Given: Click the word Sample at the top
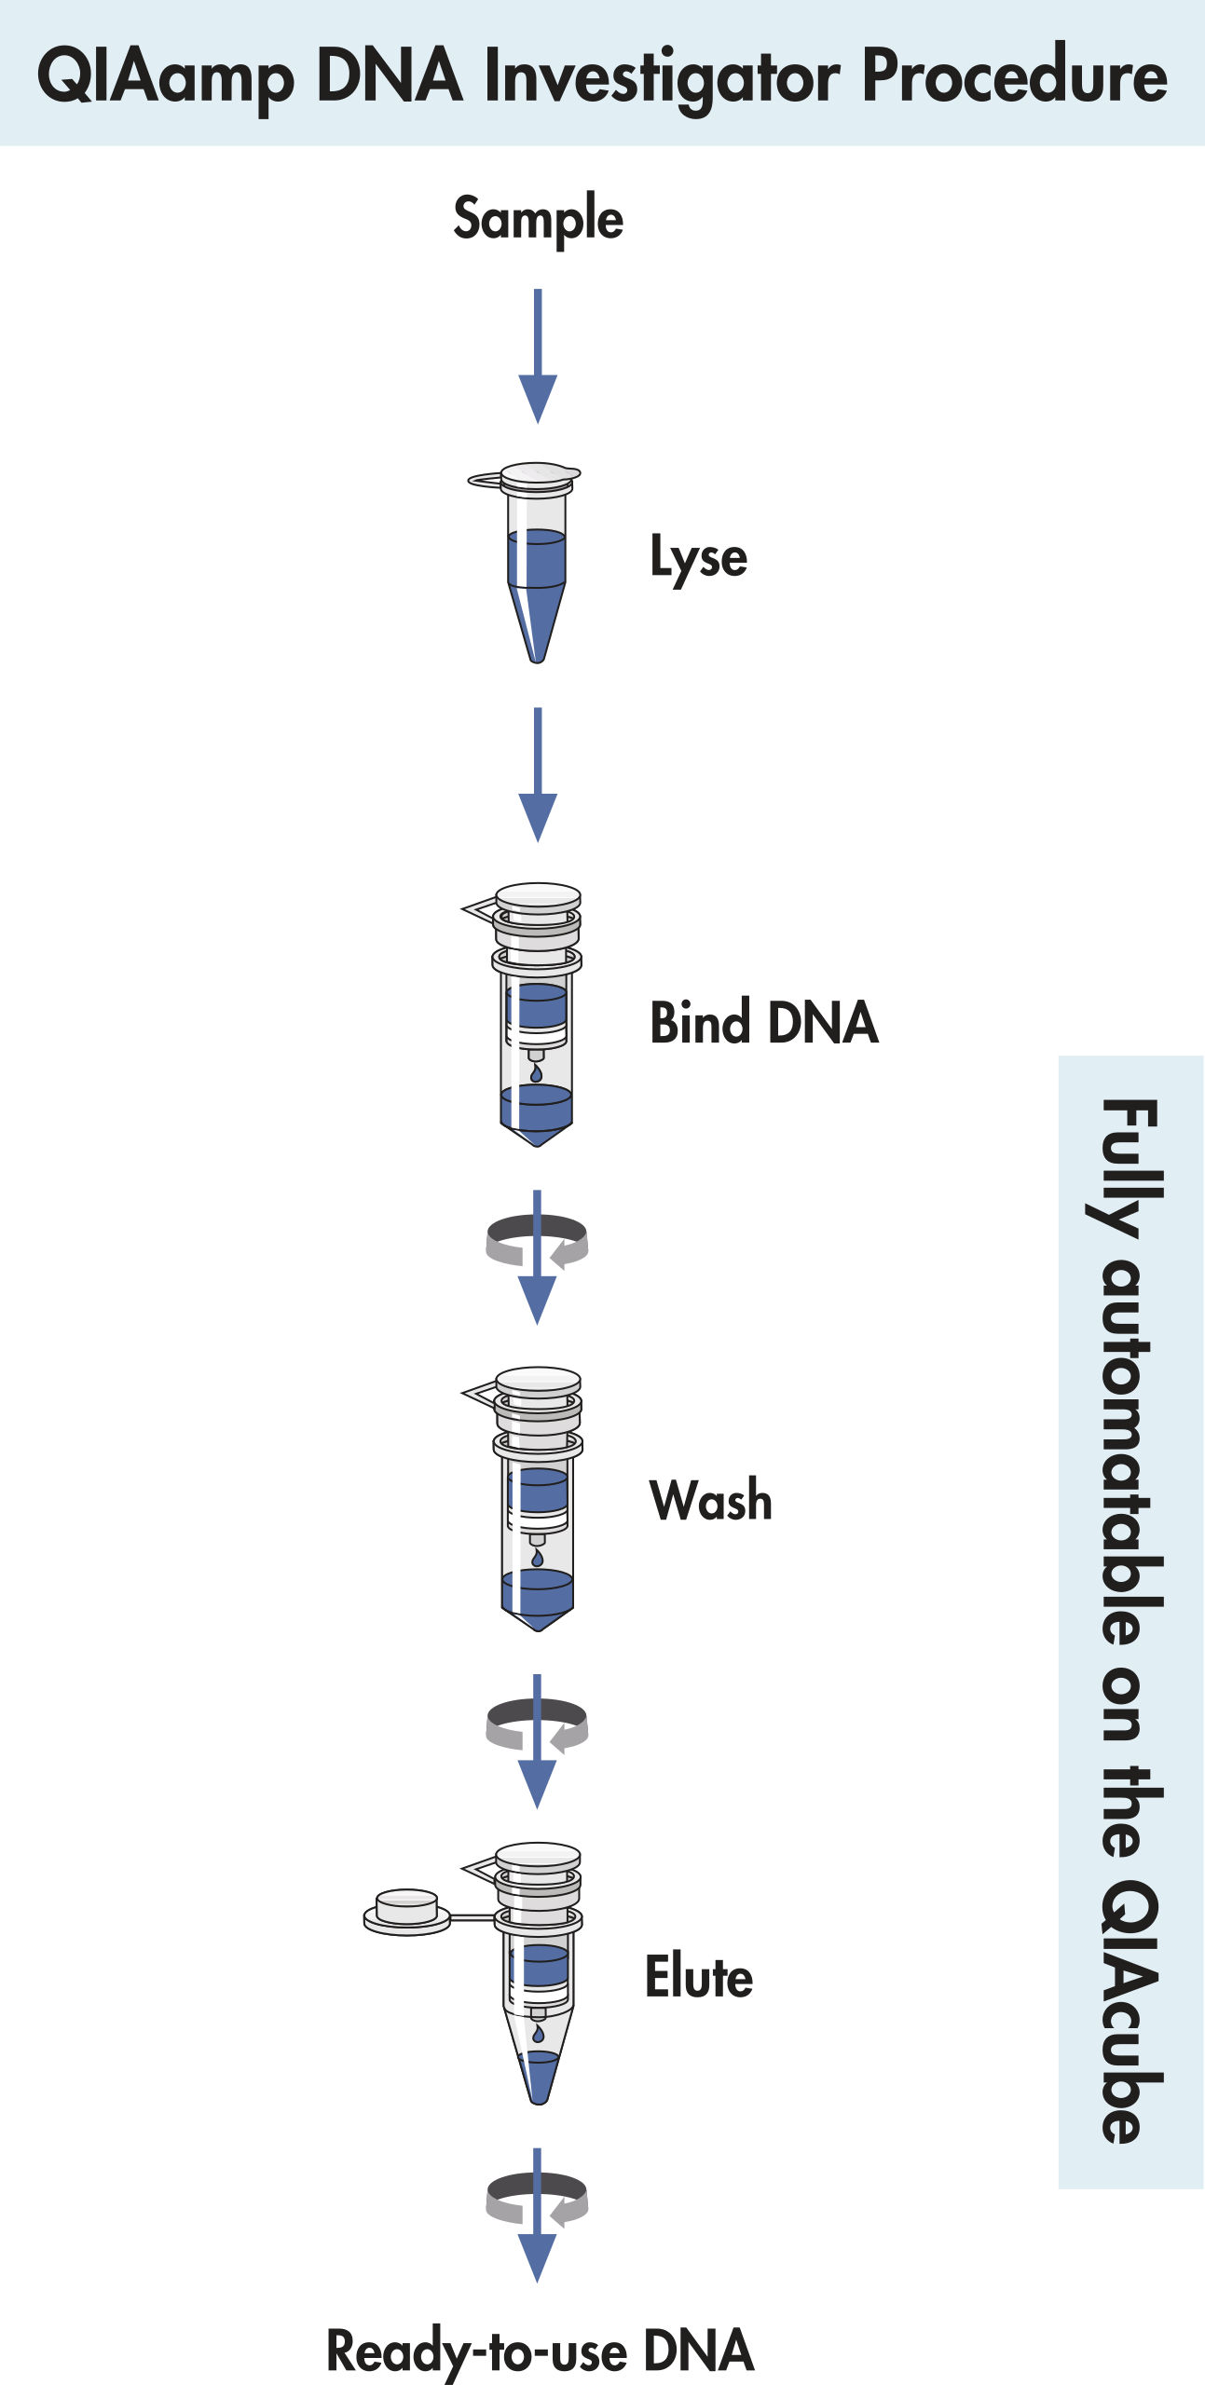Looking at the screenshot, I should tap(538, 220).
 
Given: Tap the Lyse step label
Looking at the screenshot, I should tap(698, 558).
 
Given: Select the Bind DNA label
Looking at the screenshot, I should tap(763, 1023).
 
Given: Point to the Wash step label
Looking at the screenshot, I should tap(710, 1501).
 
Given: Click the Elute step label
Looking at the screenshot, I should tap(699, 1977).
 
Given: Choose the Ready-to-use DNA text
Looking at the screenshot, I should tap(540, 2350).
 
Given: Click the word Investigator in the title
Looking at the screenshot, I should tap(662, 76).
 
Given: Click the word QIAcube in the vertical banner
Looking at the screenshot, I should tap(1130, 2011).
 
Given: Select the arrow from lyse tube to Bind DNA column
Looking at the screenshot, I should tap(538, 774).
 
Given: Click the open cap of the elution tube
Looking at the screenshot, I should tap(406, 1911).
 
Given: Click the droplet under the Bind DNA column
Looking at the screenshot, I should tap(536, 1074).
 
